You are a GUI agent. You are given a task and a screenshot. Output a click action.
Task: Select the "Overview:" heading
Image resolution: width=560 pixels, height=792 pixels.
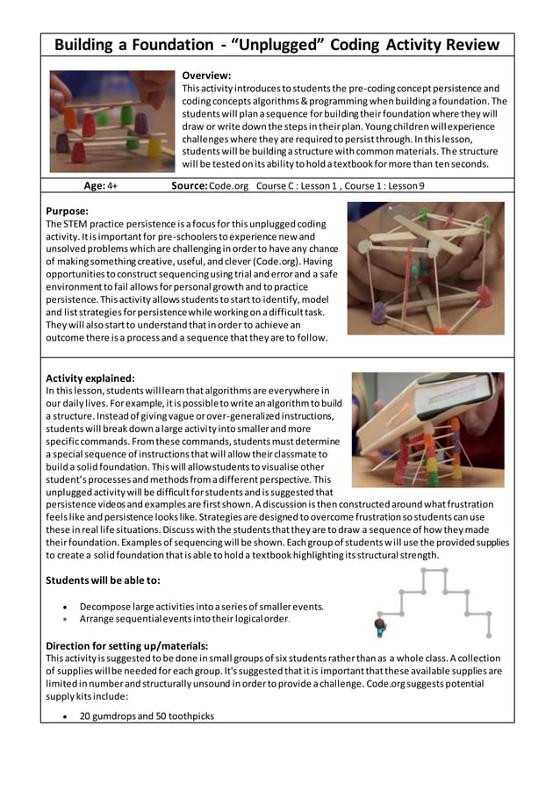(x=206, y=76)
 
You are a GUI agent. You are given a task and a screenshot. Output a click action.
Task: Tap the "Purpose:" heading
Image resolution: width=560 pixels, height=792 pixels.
(x=67, y=211)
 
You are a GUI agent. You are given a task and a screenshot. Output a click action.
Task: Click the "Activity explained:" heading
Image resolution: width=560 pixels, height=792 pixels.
(x=90, y=378)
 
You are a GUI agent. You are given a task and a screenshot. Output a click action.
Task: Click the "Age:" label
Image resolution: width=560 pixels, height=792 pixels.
(x=94, y=186)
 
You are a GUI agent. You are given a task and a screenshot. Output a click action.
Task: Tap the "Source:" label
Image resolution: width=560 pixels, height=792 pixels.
(x=190, y=186)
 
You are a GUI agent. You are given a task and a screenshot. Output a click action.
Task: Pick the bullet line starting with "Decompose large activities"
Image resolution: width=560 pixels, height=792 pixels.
(x=201, y=606)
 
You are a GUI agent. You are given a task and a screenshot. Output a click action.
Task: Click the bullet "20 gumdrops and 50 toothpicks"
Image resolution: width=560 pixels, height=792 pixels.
(x=147, y=716)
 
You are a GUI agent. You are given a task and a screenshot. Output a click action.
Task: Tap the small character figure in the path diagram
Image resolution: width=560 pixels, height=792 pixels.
(x=380, y=626)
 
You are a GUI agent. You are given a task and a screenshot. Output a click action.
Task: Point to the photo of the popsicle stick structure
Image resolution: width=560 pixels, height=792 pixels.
(x=426, y=268)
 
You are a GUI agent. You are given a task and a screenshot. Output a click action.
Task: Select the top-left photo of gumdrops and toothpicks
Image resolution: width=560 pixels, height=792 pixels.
(x=111, y=121)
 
